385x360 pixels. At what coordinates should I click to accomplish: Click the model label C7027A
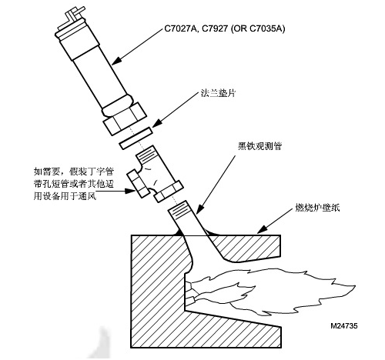coord(180,28)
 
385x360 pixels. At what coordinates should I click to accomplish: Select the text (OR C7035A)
coord(258,28)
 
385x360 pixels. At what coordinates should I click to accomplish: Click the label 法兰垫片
coord(218,93)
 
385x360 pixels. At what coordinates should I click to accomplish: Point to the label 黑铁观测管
coord(259,146)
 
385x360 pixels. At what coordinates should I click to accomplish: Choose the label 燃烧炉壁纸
coord(317,208)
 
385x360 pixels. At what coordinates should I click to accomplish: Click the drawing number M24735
coord(344,326)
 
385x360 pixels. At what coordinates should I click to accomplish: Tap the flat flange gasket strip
coord(136,138)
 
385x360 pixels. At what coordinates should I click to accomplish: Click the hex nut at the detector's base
coord(125,118)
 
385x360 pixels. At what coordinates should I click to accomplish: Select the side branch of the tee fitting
coord(138,185)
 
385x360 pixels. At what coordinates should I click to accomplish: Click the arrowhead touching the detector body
coord(116,61)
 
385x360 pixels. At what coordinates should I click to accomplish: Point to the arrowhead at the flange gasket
coord(157,123)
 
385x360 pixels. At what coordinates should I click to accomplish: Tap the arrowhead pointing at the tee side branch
coord(130,191)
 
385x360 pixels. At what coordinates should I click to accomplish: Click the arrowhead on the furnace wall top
coord(262,230)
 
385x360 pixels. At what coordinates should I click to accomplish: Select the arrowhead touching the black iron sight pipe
coord(199,209)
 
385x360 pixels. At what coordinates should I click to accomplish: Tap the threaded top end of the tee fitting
coord(146,154)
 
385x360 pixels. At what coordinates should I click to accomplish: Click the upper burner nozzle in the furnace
coord(189,286)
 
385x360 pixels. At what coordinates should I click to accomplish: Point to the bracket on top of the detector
coord(71,18)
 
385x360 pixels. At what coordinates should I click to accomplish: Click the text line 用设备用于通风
coord(65,197)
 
